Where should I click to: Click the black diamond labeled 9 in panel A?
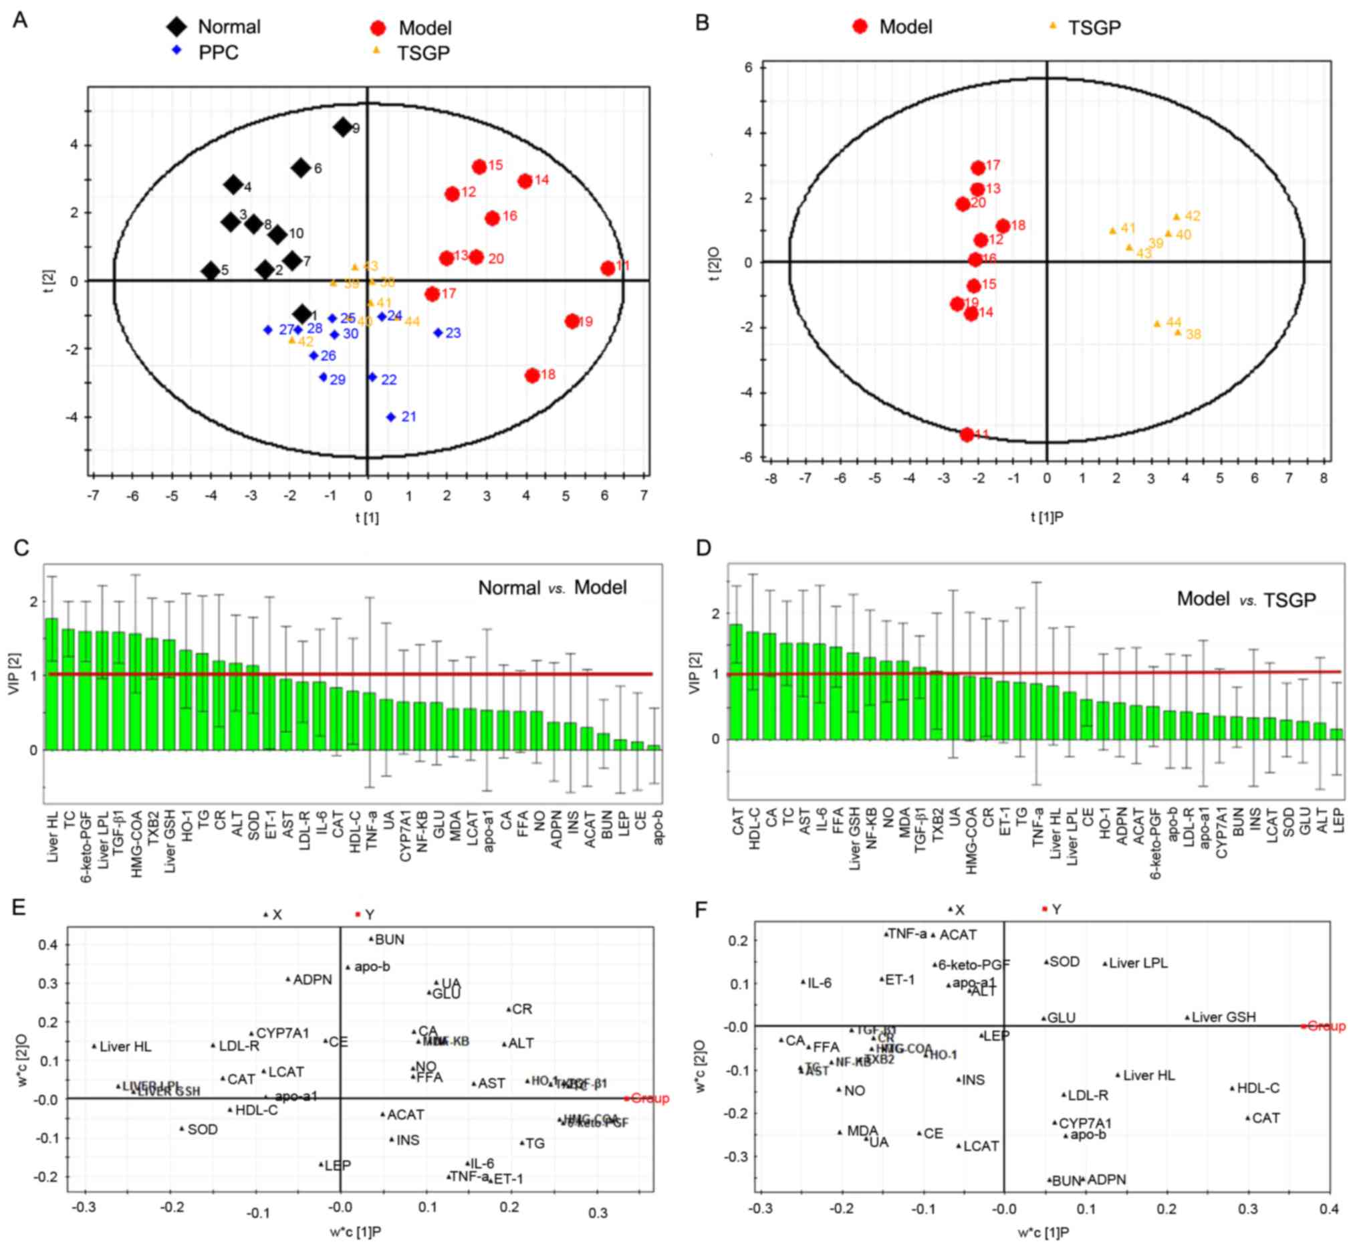tap(342, 127)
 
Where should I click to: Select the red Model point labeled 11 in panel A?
tap(608, 268)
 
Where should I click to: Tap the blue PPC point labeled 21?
tap(391, 417)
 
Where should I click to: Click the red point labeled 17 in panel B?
tap(977, 167)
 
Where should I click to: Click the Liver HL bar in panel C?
tap(51, 683)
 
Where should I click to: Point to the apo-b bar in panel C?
tap(654, 747)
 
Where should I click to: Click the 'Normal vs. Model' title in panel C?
tap(551, 587)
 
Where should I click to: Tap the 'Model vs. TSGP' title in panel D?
tap(1245, 599)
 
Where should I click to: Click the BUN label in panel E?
tap(389, 940)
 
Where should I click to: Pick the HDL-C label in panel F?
tap(1257, 1088)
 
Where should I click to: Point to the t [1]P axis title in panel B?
tap(1046, 517)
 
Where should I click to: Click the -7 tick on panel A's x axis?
tap(93, 496)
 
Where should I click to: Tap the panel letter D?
tap(703, 547)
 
